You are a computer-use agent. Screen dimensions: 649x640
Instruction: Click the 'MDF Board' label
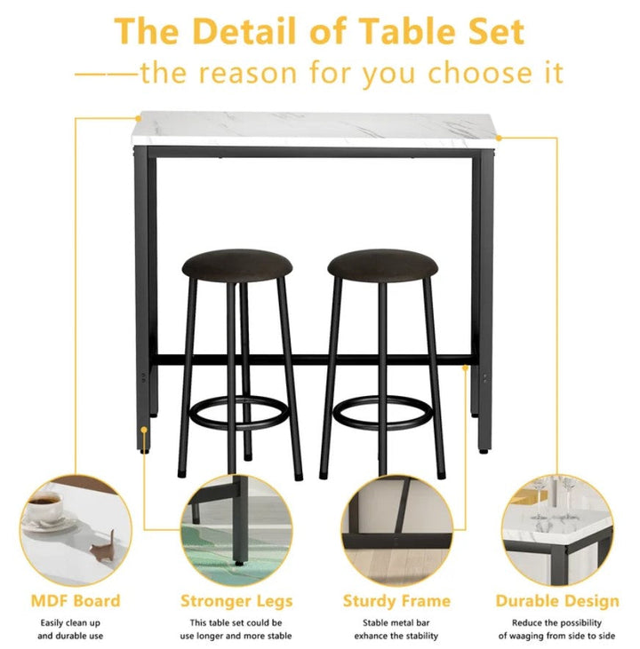point(76,601)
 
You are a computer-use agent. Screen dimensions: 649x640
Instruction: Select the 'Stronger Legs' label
point(236,601)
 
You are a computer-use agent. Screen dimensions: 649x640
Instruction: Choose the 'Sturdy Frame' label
point(396,601)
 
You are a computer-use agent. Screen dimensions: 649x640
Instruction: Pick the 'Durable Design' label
point(557,601)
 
